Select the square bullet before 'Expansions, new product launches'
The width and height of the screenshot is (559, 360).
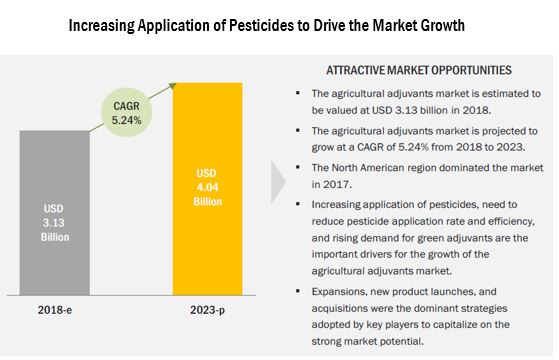pyautogui.click(x=300, y=291)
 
